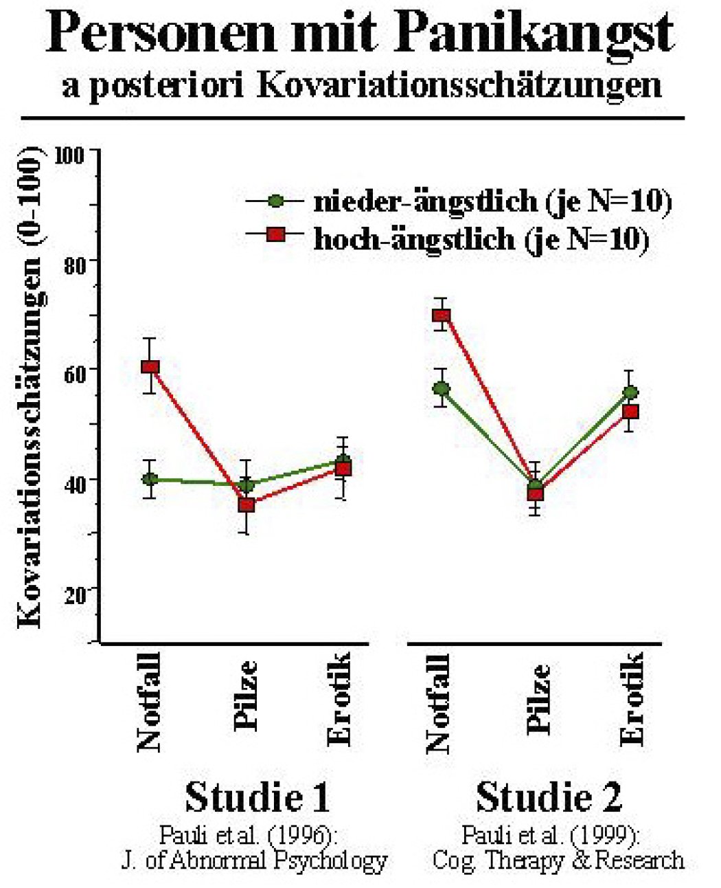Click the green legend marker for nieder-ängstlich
click(275, 201)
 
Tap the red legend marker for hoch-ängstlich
click(275, 235)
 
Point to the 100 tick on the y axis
click(70, 156)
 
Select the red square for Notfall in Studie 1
click(150, 366)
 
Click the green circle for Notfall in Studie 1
click(150, 478)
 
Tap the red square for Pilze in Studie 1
click(247, 504)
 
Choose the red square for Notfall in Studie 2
click(441, 315)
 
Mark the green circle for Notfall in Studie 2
click(441, 389)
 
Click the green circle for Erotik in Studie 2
click(630, 392)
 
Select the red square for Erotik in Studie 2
click(630, 412)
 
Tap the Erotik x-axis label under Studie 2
click(632, 699)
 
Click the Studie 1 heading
click(257, 797)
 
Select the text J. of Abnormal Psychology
click(254, 861)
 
